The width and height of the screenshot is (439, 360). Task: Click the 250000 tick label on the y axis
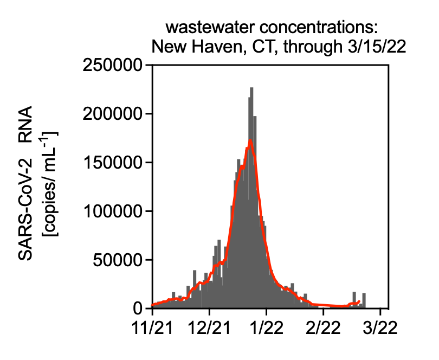[x=112, y=66]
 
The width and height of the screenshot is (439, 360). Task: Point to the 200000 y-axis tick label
[x=112, y=114]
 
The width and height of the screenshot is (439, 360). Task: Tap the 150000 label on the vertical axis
[x=112, y=163]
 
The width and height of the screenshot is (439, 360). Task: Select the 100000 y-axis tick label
[x=112, y=211]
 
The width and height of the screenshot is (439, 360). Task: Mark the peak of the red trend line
[x=250, y=140]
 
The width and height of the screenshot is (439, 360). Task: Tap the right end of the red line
[x=359, y=301]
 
